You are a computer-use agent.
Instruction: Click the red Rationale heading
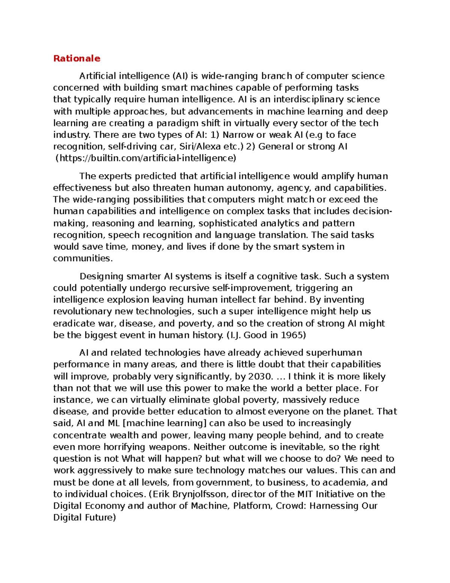pos(76,58)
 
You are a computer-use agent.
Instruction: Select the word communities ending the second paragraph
pos(82,258)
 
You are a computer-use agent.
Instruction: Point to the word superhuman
pos(334,353)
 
